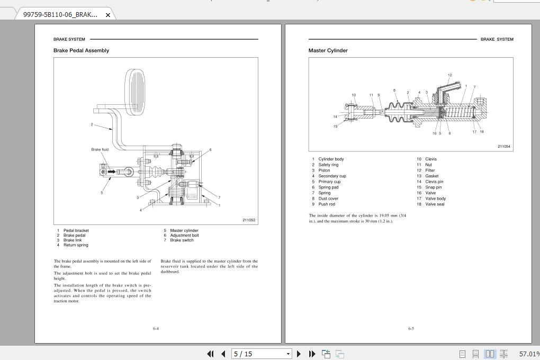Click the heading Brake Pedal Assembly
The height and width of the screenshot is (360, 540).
tap(81, 51)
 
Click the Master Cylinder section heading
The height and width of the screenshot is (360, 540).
tap(328, 51)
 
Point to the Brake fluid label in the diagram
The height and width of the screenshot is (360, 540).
tap(100, 150)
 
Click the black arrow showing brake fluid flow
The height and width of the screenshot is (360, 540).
tap(112, 172)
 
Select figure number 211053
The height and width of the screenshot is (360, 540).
tap(249, 220)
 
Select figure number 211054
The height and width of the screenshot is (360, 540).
tap(504, 147)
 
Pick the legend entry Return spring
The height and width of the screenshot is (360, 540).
tap(76, 245)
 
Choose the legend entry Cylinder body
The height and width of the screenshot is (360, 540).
tap(331, 159)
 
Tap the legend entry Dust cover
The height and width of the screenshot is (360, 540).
tap(328, 199)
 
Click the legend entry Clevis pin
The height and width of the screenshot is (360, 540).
tap(434, 182)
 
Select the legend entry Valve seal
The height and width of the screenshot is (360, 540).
tap(435, 204)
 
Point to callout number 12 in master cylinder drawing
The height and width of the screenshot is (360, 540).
tap(449, 75)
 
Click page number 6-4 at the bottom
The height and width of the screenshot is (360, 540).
tap(156, 329)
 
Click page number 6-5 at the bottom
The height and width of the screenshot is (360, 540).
tap(411, 329)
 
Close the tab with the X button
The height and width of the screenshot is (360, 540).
tap(108, 15)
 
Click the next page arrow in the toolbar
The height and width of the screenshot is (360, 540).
tap(299, 354)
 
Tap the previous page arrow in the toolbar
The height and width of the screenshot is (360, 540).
tap(223, 354)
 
